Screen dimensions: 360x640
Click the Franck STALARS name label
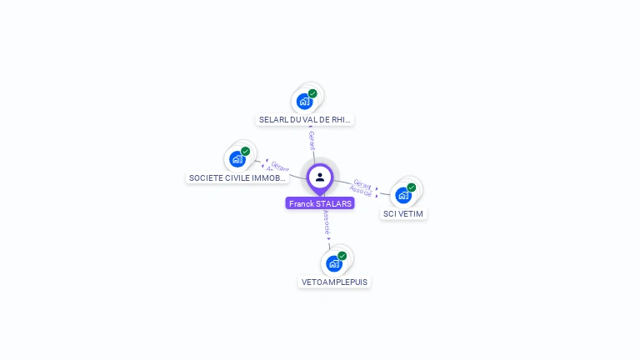click(320, 203)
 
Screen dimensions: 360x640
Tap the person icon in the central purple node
click(320, 177)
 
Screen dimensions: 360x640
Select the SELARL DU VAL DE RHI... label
click(305, 120)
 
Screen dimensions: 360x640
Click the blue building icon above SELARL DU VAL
click(304, 102)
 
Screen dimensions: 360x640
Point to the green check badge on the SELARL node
click(312, 93)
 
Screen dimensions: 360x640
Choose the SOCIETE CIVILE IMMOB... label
click(237, 178)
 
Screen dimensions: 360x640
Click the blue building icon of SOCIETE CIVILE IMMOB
click(237, 158)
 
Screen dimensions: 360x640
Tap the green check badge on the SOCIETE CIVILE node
click(246, 151)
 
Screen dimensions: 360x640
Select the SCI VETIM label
click(403, 214)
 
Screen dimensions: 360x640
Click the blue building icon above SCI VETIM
click(403, 195)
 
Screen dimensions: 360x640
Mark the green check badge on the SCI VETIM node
click(412, 187)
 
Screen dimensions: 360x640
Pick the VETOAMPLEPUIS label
click(334, 282)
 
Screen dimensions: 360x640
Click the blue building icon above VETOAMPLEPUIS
click(334, 263)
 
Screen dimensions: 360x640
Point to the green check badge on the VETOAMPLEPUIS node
click(342, 256)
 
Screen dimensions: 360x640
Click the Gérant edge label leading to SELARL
click(312, 140)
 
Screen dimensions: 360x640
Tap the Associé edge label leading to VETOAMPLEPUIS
click(326, 222)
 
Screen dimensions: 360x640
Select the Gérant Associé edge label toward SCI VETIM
click(362, 187)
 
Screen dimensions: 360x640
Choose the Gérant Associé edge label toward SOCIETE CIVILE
click(277, 167)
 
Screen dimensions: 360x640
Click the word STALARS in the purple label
click(334, 203)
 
